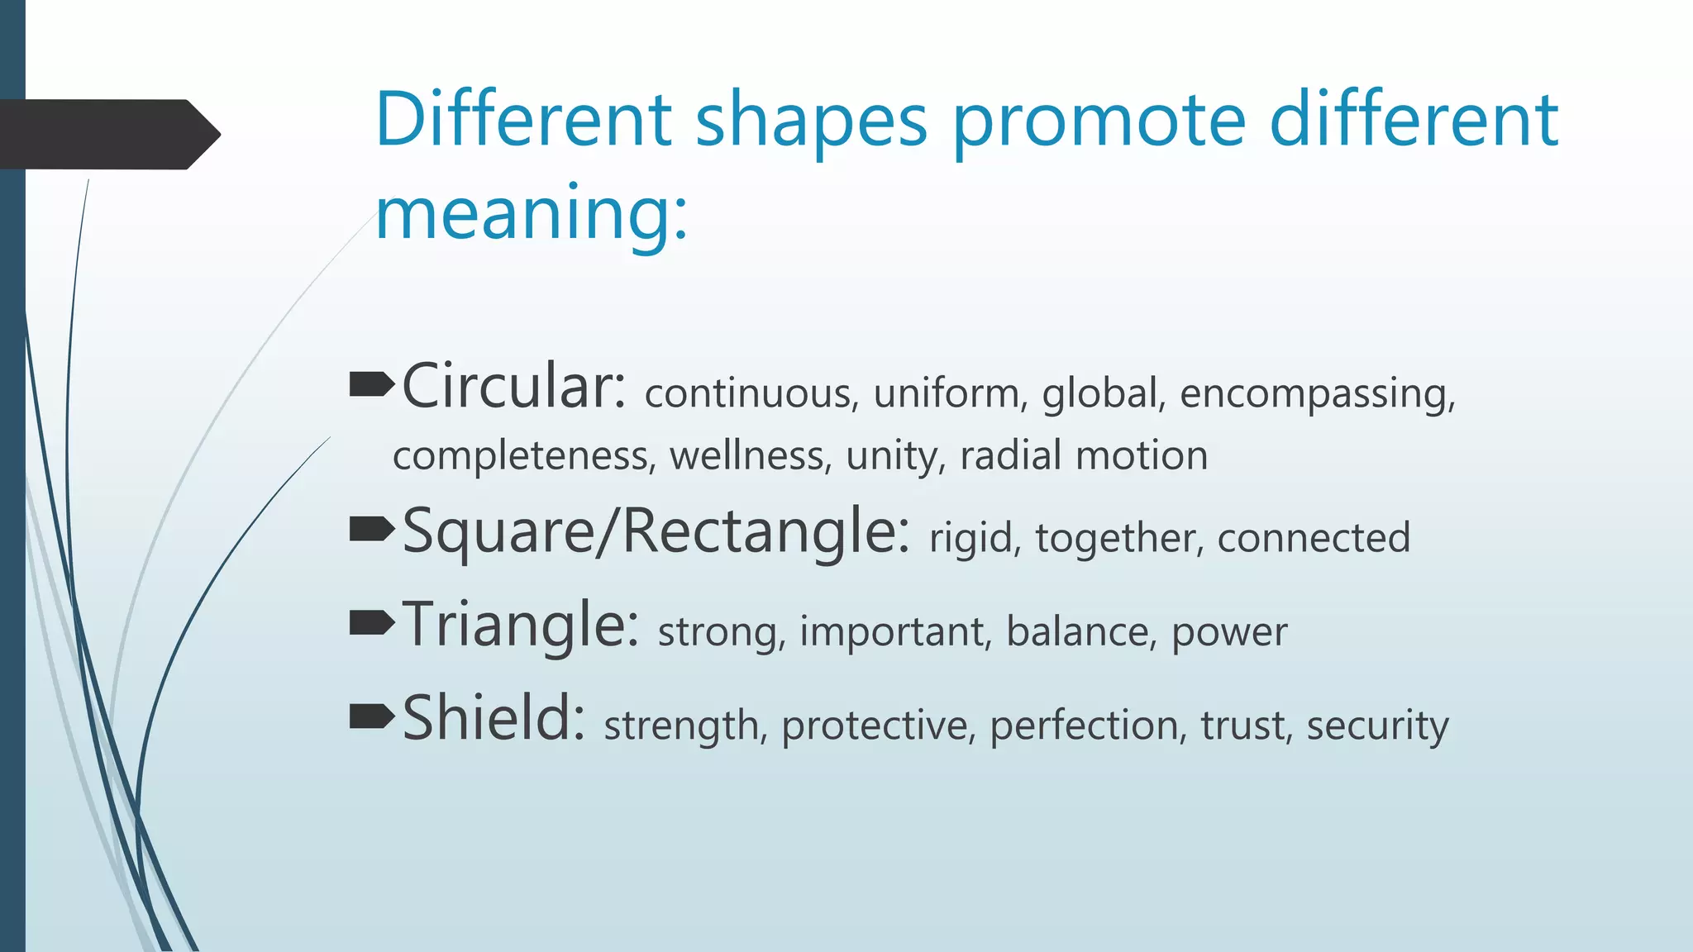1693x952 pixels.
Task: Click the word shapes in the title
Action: pyautogui.click(x=811, y=122)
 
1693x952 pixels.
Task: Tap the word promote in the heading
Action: pyautogui.click(x=1099, y=122)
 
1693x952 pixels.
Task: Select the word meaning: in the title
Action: pyautogui.click(x=531, y=213)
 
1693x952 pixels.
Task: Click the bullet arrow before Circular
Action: pyautogui.click(x=371, y=384)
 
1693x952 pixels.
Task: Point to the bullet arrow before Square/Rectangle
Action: pyautogui.click(x=371, y=529)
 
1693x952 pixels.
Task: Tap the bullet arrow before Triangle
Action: pyautogui.click(x=371, y=622)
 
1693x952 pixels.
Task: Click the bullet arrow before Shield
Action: pyautogui.click(x=371, y=716)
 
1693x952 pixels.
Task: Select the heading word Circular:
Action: pyautogui.click(x=514, y=387)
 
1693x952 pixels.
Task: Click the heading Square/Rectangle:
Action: pyautogui.click(x=656, y=531)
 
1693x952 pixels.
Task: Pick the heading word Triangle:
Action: pyautogui.click(x=521, y=625)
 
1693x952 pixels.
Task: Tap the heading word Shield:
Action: pyautogui.click(x=494, y=718)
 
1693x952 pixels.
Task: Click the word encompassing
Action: pyautogui.click(x=1316, y=393)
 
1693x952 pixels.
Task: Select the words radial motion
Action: pyautogui.click(x=1083, y=456)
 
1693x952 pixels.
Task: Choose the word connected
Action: pyautogui.click(x=1313, y=538)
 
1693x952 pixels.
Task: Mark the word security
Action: pyautogui.click(x=1377, y=726)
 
